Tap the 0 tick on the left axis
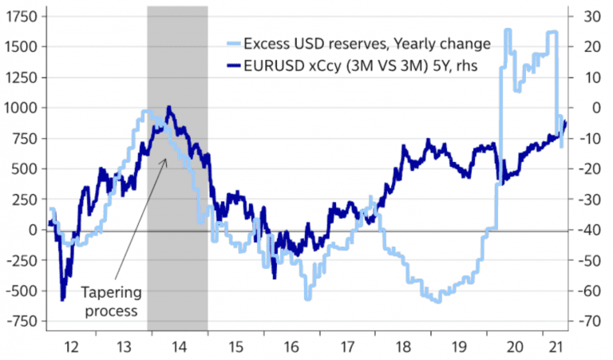point(32,230)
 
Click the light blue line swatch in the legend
point(235,43)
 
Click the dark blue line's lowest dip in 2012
point(63,299)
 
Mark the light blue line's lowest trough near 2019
point(437,301)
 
